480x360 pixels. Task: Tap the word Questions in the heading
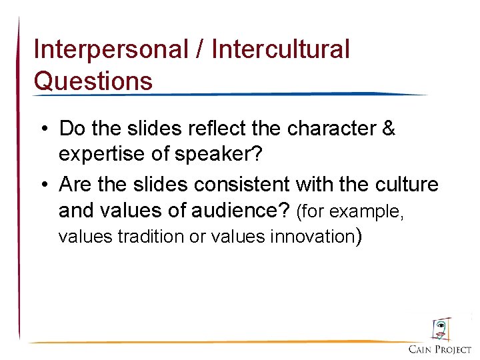tap(93, 81)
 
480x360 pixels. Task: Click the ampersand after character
tap(388, 128)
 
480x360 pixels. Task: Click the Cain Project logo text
tap(440, 349)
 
